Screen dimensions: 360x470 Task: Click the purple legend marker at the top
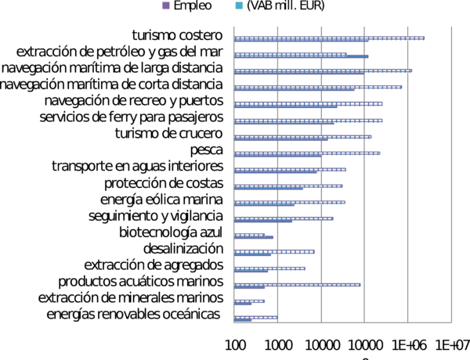point(166,6)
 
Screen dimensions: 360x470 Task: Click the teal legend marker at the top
point(239,6)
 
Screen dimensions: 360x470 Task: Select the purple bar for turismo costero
point(330,38)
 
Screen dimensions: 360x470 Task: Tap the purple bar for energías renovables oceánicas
point(256,317)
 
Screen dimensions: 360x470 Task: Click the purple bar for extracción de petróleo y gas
point(302,54)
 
